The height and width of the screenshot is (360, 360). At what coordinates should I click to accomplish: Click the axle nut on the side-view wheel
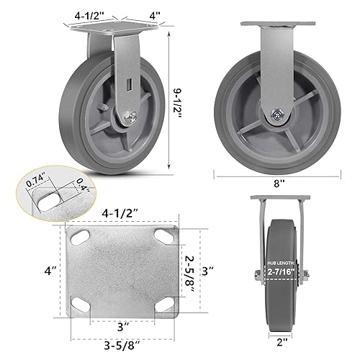click(x=276, y=114)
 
